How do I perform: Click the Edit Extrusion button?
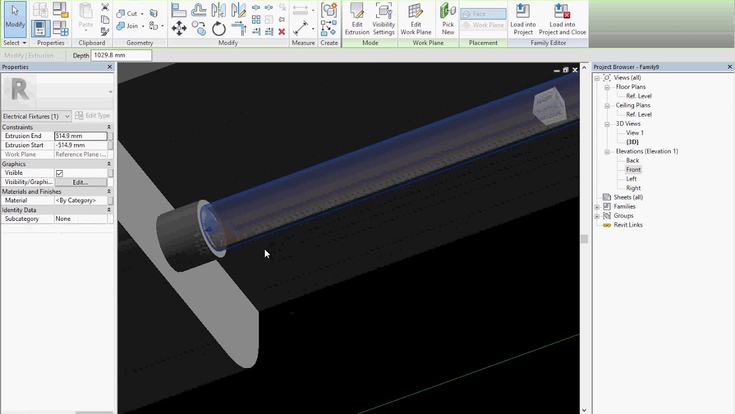pyautogui.click(x=357, y=20)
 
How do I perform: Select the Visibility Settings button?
pyautogui.click(x=384, y=20)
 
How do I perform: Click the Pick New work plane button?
pyautogui.click(x=448, y=20)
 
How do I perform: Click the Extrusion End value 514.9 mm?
pyautogui.click(x=80, y=136)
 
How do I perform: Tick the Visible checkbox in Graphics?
pyautogui.click(x=59, y=173)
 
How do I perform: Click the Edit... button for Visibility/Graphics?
pyautogui.click(x=80, y=182)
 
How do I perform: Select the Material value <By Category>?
pyautogui.click(x=80, y=201)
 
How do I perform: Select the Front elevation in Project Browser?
pyautogui.click(x=633, y=170)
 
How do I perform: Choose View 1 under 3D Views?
pyautogui.click(x=635, y=133)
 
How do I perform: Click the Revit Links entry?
pyautogui.click(x=628, y=225)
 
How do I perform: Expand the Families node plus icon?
pyautogui.click(x=597, y=206)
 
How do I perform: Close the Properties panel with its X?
pyautogui.click(x=110, y=67)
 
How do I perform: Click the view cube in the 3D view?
pyautogui.click(x=549, y=106)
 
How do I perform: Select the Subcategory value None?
pyautogui.click(x=80, y=219)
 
